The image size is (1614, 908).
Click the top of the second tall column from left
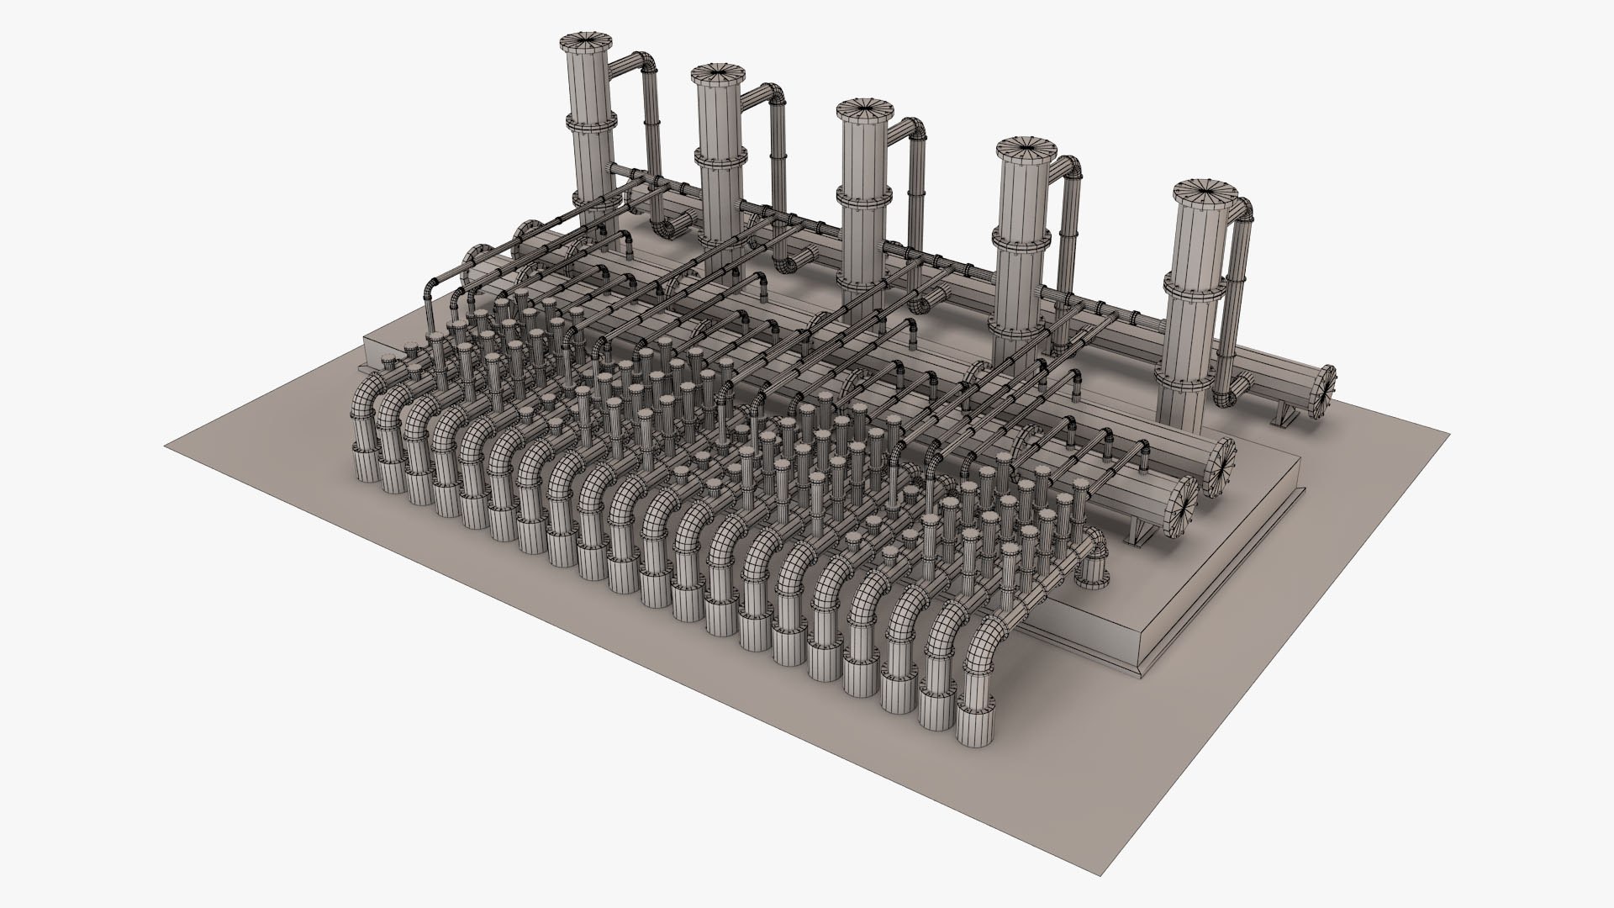pos(717,74)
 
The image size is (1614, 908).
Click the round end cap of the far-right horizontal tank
pos(1323,393)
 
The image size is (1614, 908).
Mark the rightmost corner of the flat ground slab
pos(1449,435)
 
